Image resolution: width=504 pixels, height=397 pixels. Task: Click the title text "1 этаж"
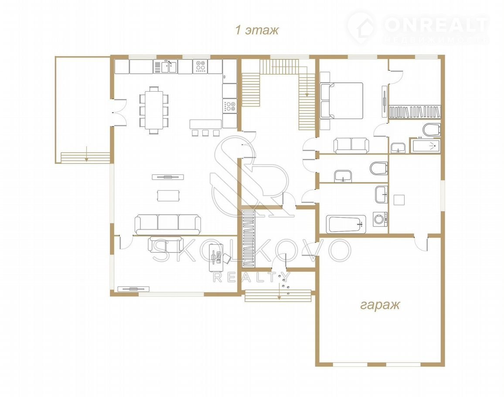(257, 30)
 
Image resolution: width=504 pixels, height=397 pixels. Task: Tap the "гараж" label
(380, 305)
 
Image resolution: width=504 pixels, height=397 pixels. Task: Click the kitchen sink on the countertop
(169, 67)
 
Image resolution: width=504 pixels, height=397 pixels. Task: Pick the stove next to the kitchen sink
(201, 66)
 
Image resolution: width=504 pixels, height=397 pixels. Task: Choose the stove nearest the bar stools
(229, 106)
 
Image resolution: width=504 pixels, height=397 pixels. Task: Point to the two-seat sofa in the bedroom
(351, 145)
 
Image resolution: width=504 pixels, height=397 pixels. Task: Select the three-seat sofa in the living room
(168, 224)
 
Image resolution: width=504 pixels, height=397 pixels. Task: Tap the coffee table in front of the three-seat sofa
(168, 195)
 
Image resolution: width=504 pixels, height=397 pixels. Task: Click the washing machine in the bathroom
(380, 219)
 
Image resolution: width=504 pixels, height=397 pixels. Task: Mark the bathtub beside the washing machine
(346, 224)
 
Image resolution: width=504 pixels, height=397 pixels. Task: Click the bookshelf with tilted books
(415, 112)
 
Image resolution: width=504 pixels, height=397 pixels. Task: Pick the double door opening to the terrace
(118, 112)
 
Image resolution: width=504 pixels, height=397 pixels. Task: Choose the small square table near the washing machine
(399, 200)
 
